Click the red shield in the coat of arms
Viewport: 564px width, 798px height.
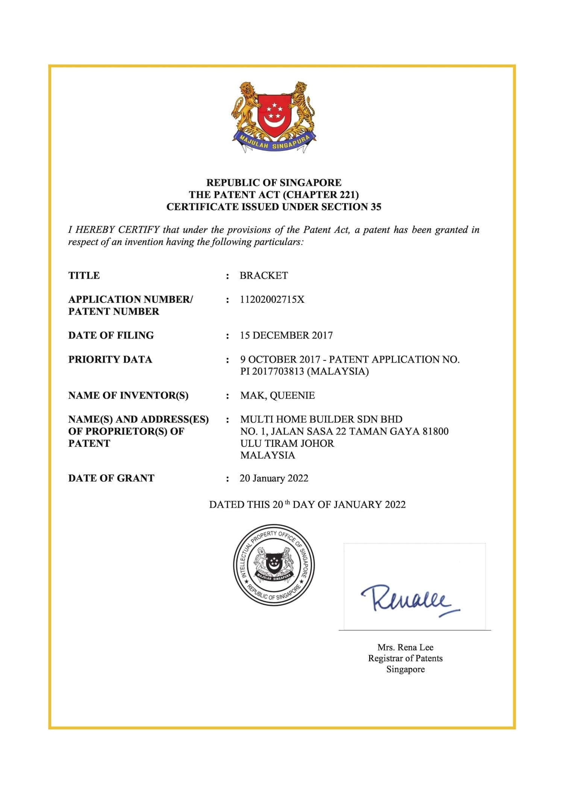[x=274, y=112]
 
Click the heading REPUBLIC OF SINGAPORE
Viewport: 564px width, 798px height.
[x=274, y=183]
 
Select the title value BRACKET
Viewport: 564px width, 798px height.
[x=264, y=276]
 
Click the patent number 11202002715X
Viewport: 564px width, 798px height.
[x=272, y=300]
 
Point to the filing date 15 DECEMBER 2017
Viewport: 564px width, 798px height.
[x=286, y=335]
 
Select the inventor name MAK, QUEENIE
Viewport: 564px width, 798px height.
[x=277, y=396]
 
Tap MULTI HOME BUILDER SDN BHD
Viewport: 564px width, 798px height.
[x=321, y=419]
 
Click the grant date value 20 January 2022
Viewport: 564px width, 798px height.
[x=274, y=478]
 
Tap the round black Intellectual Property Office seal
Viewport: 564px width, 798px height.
[x=274, y=565]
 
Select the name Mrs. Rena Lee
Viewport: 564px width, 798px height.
[x=405, y=647]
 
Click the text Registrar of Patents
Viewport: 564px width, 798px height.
[x=405, y=658]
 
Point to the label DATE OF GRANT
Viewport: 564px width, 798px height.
[x=111, y=478]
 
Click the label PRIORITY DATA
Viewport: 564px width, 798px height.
[x=110, y=360]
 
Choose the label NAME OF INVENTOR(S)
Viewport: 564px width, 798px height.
[x=128, y=396]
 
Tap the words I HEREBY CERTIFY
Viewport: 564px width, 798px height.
[x=114, y=230]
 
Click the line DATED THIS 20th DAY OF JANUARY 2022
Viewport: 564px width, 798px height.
[x=307, y=505]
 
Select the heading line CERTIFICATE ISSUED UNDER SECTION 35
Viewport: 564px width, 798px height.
[x=274, y=207]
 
